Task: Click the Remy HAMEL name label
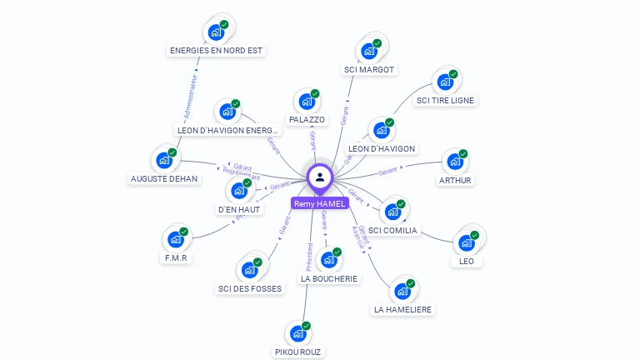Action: (319, 203)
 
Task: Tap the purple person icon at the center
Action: (320, 177)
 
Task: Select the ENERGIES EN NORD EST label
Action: (216, 50)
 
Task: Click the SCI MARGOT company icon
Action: (368, 51)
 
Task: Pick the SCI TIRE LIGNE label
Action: (446, 100)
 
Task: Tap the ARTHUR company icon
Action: (454, 162)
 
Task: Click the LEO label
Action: (467, 261)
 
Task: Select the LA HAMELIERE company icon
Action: (403, 291)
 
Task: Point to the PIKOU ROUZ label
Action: (297, 352)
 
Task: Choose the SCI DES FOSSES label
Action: (250, 288)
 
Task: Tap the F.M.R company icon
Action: (176, 239)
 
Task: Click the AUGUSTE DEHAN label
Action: (163, 179)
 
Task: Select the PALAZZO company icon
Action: (307, 102)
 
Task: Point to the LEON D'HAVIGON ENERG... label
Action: (227, 130)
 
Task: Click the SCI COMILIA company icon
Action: (392, 212)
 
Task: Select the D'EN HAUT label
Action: (239, 210)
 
